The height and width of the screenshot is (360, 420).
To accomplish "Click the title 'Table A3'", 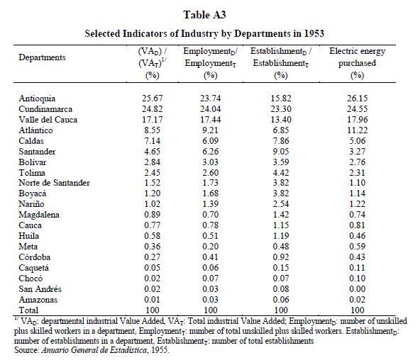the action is pos(204,15).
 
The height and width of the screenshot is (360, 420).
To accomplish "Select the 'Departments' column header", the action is pos(42,57).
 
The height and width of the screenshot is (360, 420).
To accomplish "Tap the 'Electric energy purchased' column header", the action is pos(358,57).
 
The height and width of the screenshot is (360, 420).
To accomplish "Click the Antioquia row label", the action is pos(37,99).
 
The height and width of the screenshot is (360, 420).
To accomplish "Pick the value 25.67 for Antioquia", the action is pos(152,99).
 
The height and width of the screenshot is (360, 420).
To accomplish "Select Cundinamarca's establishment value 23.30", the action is pos(281,109).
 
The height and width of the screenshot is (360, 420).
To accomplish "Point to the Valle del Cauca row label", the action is pos(48,120).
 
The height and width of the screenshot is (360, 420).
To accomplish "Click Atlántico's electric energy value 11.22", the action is pos(358,130).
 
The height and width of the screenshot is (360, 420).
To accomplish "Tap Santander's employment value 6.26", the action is pos(211,152).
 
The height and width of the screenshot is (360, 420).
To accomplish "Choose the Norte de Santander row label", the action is pos(55,183).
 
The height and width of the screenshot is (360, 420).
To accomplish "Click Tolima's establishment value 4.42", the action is pos(281,173).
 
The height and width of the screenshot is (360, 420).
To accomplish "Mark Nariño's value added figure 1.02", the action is pos(152,204).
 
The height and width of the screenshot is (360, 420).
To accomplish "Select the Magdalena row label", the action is pos(39,215).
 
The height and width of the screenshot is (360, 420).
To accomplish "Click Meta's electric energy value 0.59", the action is pos(358,247).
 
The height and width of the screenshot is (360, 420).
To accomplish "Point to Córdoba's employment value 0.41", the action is pos(211,257).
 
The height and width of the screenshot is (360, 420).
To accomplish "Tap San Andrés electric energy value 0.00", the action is pos(358,289).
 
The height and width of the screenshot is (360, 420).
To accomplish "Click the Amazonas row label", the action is pos(38,300).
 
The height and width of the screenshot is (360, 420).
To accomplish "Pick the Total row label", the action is pos(28,310).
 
